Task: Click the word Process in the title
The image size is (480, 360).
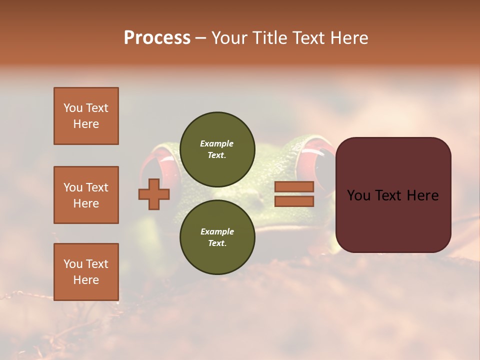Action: (x=157, y=38)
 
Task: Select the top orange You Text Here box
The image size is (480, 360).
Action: (x=86, y=116)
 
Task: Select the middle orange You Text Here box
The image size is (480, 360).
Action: (x=86, y=195)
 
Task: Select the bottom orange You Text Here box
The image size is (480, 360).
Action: (x=86, y=271)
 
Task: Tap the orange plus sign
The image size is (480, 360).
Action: (x=154, y=194)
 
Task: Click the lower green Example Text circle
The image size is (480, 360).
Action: (x=217, y=237)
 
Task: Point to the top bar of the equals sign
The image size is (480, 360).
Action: (x=294, y=186)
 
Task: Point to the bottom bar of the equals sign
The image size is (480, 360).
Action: (x=294, y=201)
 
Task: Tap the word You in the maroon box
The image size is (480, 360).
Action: (x=358, y=195)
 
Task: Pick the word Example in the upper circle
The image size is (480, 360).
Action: (x=217, y=143)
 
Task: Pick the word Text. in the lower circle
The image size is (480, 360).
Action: (x=217, y=243)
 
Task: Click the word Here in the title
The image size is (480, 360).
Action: (x=348, y=38)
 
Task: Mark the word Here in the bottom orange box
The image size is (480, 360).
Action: (x=86, y=280)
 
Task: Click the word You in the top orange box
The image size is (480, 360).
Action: (x=73, y=108)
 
